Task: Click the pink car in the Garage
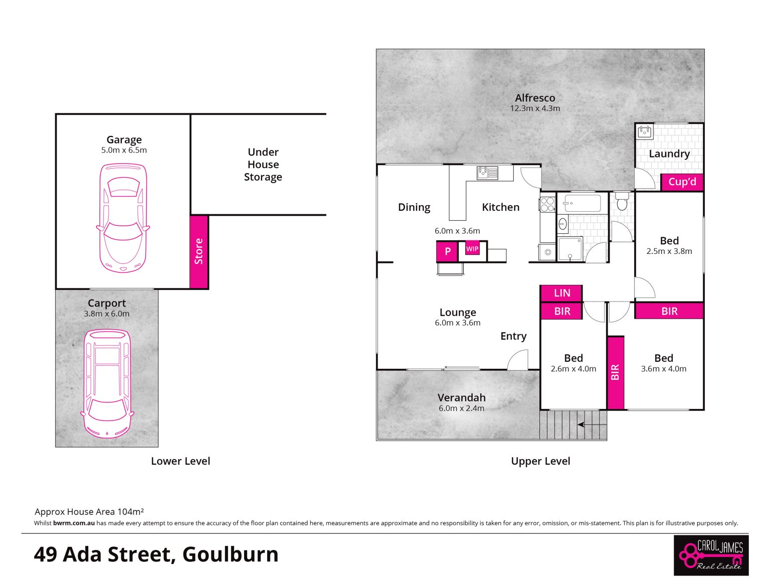[123, 218]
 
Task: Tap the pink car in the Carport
[107, 383]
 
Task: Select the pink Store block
[199, 252]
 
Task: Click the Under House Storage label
[263, 164]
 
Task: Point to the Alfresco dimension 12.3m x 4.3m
[534, 108]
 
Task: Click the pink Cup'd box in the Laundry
[682, 182]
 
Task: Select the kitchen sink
[487, 173]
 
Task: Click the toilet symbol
[622, 201]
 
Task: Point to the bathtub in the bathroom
[582, 203]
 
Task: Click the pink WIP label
[472, 248]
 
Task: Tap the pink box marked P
[447, 251]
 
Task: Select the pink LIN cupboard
[561, 293]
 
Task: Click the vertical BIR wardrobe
[615, 373]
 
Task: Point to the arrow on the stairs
[592, 424]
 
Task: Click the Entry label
[513, 336]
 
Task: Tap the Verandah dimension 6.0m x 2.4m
[461, 408]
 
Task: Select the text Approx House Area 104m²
[89, 512]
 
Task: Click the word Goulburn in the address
[231, 554]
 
